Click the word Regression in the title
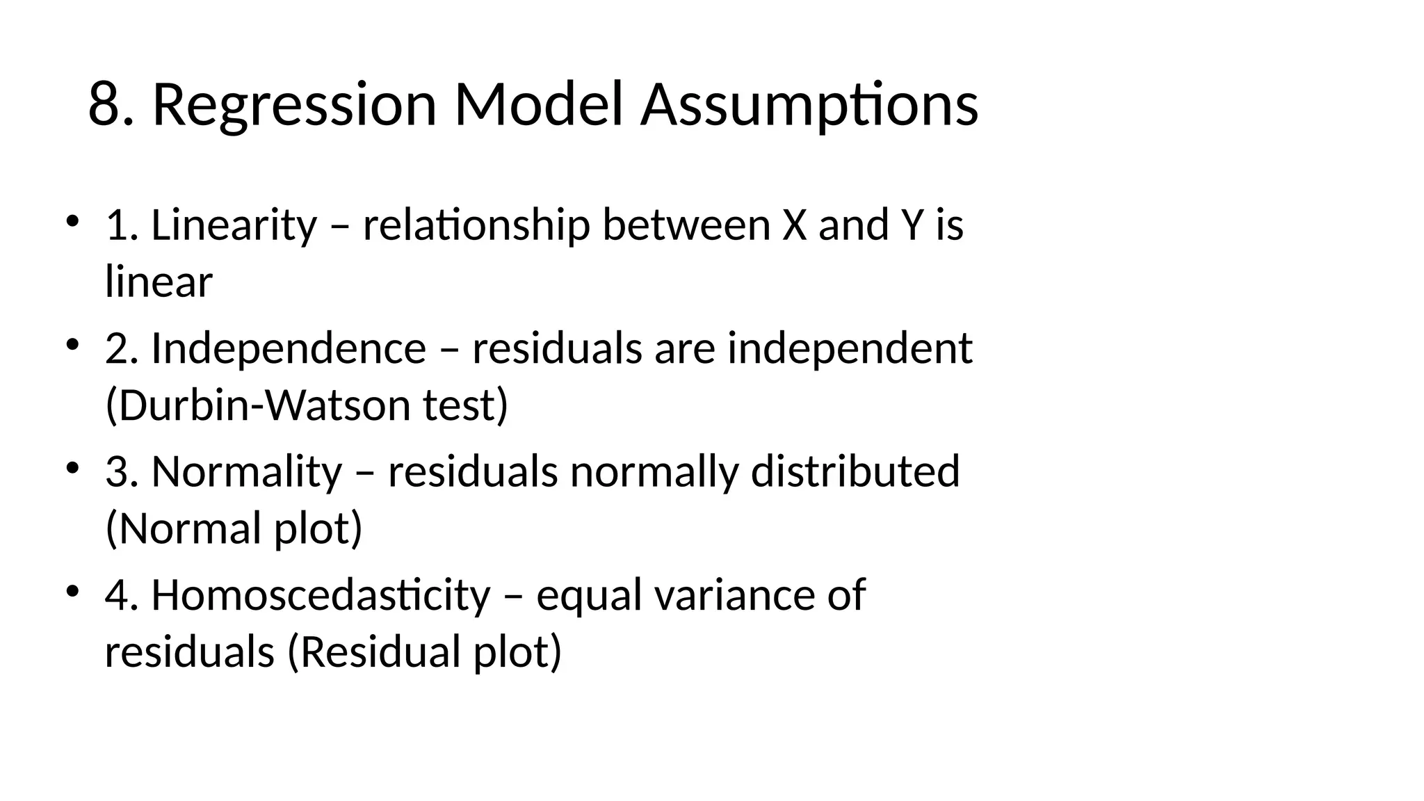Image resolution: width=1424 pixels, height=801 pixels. click(x=294, y=105)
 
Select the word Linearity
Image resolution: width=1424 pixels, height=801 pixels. click(x=234, y=226)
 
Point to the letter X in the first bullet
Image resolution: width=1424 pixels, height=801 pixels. click(x=794, y=226)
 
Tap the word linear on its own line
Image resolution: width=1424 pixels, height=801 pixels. click(x=159, y=283)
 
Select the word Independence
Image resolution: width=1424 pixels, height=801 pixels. click(x=288, y=348)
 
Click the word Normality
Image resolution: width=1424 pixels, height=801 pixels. click(x=247, y=472)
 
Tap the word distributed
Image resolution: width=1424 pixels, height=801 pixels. click(x=855, y=472)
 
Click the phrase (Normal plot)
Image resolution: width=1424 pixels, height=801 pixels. click(x=234, y=529)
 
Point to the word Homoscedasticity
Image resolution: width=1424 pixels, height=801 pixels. click(x=321, y=596)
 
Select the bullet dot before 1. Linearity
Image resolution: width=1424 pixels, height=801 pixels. click(x=72, y=222)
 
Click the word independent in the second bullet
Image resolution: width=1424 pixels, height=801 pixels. click(x=849, y=348)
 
